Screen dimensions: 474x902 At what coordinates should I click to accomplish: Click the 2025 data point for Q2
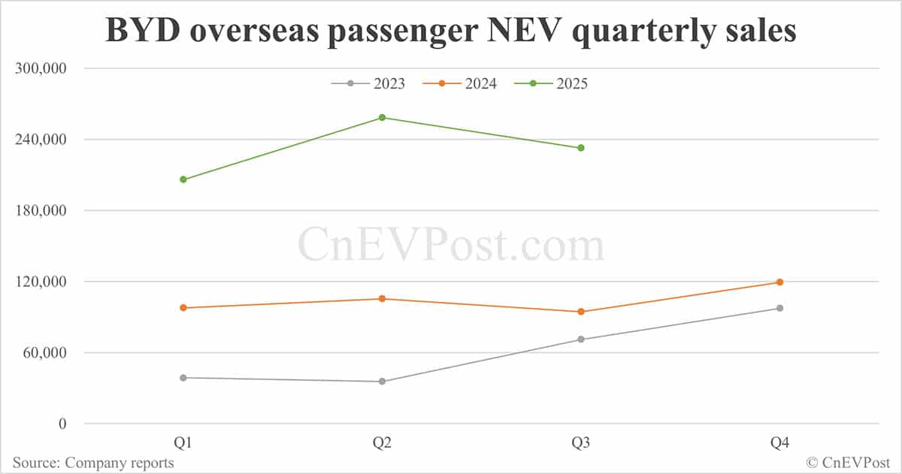click(382, 117)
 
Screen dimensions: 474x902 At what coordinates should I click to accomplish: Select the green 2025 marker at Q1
click(183, 180)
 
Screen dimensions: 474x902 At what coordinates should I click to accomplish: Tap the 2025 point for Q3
click(581, 148)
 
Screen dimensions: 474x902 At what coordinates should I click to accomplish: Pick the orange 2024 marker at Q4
click(779, 282)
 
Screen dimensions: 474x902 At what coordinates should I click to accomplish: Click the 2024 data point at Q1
click(183, 308)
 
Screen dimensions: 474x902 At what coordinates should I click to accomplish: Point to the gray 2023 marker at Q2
click(382, 382)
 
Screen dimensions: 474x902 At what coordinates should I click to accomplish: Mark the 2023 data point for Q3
click(581, 340)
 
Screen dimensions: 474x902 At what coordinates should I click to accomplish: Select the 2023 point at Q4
click(779, 308)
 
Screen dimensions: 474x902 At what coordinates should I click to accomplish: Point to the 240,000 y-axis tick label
click(41, 140)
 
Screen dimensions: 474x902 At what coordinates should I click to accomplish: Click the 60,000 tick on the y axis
click(44, 353)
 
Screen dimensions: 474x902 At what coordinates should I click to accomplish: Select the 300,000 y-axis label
click(41, 68)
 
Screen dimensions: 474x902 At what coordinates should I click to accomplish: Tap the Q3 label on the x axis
click(581, 443)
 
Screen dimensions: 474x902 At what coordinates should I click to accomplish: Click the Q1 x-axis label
click(183, 443)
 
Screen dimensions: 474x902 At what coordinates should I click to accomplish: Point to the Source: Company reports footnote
click(93, 463)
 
